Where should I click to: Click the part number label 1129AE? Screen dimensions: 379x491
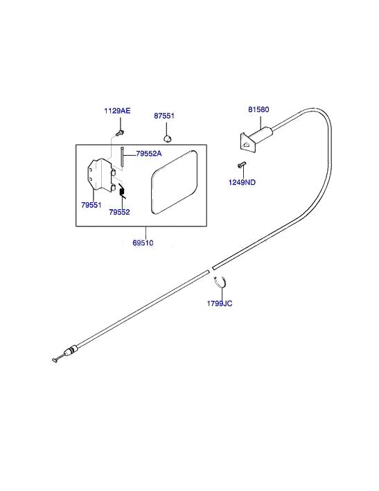[117, 111]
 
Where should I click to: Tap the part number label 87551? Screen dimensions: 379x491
[164, 116]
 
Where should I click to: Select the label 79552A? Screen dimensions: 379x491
[149, 154]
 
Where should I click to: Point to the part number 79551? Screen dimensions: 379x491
[91, 205]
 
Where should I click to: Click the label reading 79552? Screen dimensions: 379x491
[119, 212]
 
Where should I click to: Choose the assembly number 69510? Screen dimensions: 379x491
[143, 242]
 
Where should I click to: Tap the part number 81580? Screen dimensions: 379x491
[258, 109]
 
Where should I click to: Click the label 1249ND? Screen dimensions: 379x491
[242, 182]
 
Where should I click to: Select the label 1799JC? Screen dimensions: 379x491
[220, 303]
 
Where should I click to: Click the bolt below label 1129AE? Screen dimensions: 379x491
[120, 133]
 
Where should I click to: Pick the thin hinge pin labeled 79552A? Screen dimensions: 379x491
[122, 158]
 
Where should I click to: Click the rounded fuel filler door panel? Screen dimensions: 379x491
[174, 182]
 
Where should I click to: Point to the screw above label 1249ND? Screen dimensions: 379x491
[242, 165]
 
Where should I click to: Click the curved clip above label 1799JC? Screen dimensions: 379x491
[221, 282]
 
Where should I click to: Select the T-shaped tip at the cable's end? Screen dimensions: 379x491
[56, 359]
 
